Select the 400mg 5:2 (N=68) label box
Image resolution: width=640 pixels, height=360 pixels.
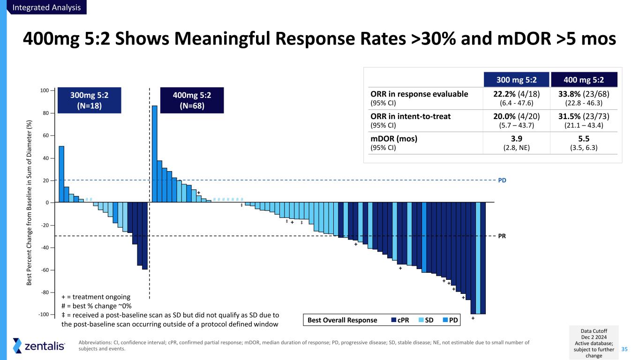(x=192, y=100)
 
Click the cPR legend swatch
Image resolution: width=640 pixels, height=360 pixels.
(x=393, y=320)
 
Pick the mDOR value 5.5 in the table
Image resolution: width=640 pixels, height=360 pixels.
(x=584, y=139)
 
